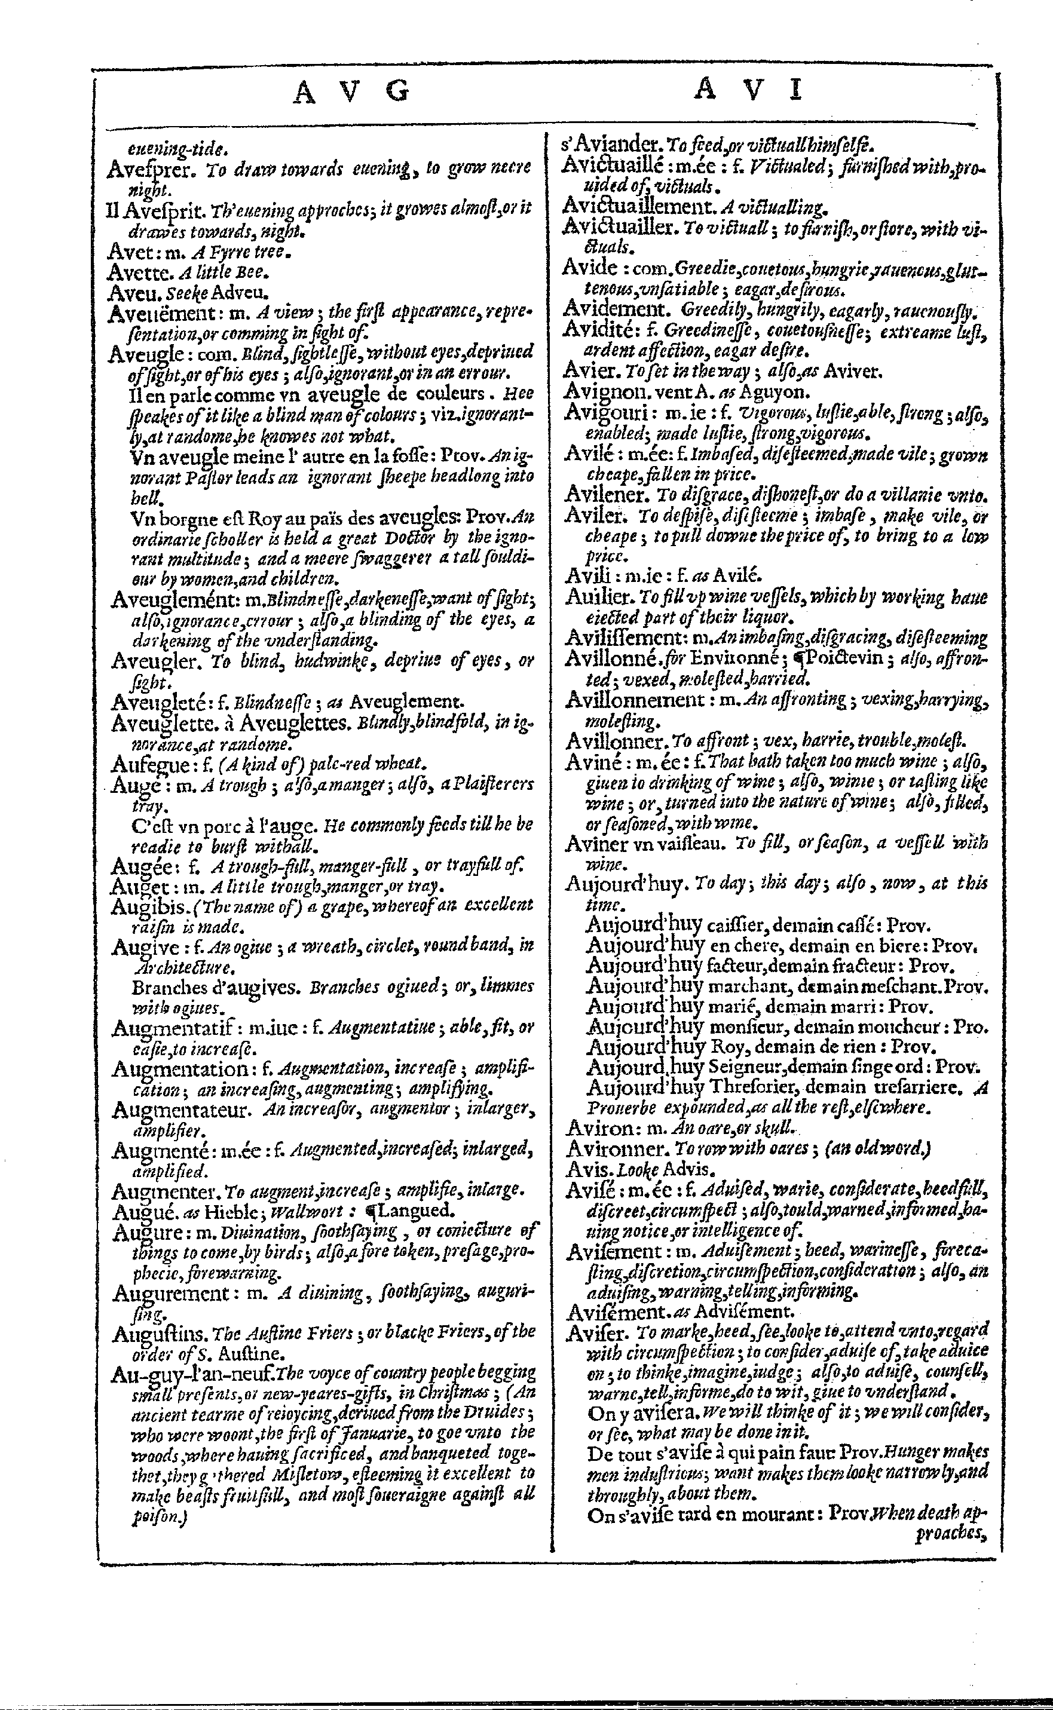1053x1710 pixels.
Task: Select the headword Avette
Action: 136,272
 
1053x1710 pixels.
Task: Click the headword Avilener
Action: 607,496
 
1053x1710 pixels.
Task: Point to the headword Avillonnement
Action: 635,699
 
